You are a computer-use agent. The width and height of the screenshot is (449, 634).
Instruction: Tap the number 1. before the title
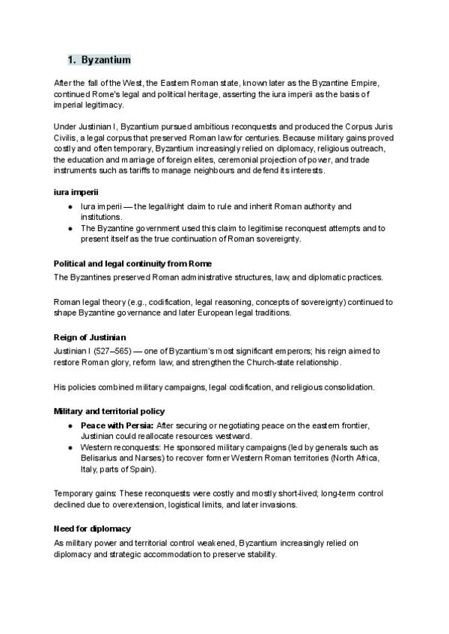point(72,59)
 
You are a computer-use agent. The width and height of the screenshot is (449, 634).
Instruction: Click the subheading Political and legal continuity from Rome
point(133,264)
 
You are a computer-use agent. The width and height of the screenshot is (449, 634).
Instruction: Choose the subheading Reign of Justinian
point(91,337)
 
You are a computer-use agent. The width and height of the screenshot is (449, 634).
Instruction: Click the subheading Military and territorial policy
point(109,411)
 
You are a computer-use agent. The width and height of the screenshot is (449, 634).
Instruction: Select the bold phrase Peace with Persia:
point(117,425)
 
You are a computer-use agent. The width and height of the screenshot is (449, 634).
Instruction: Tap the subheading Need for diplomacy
point(92,529)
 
